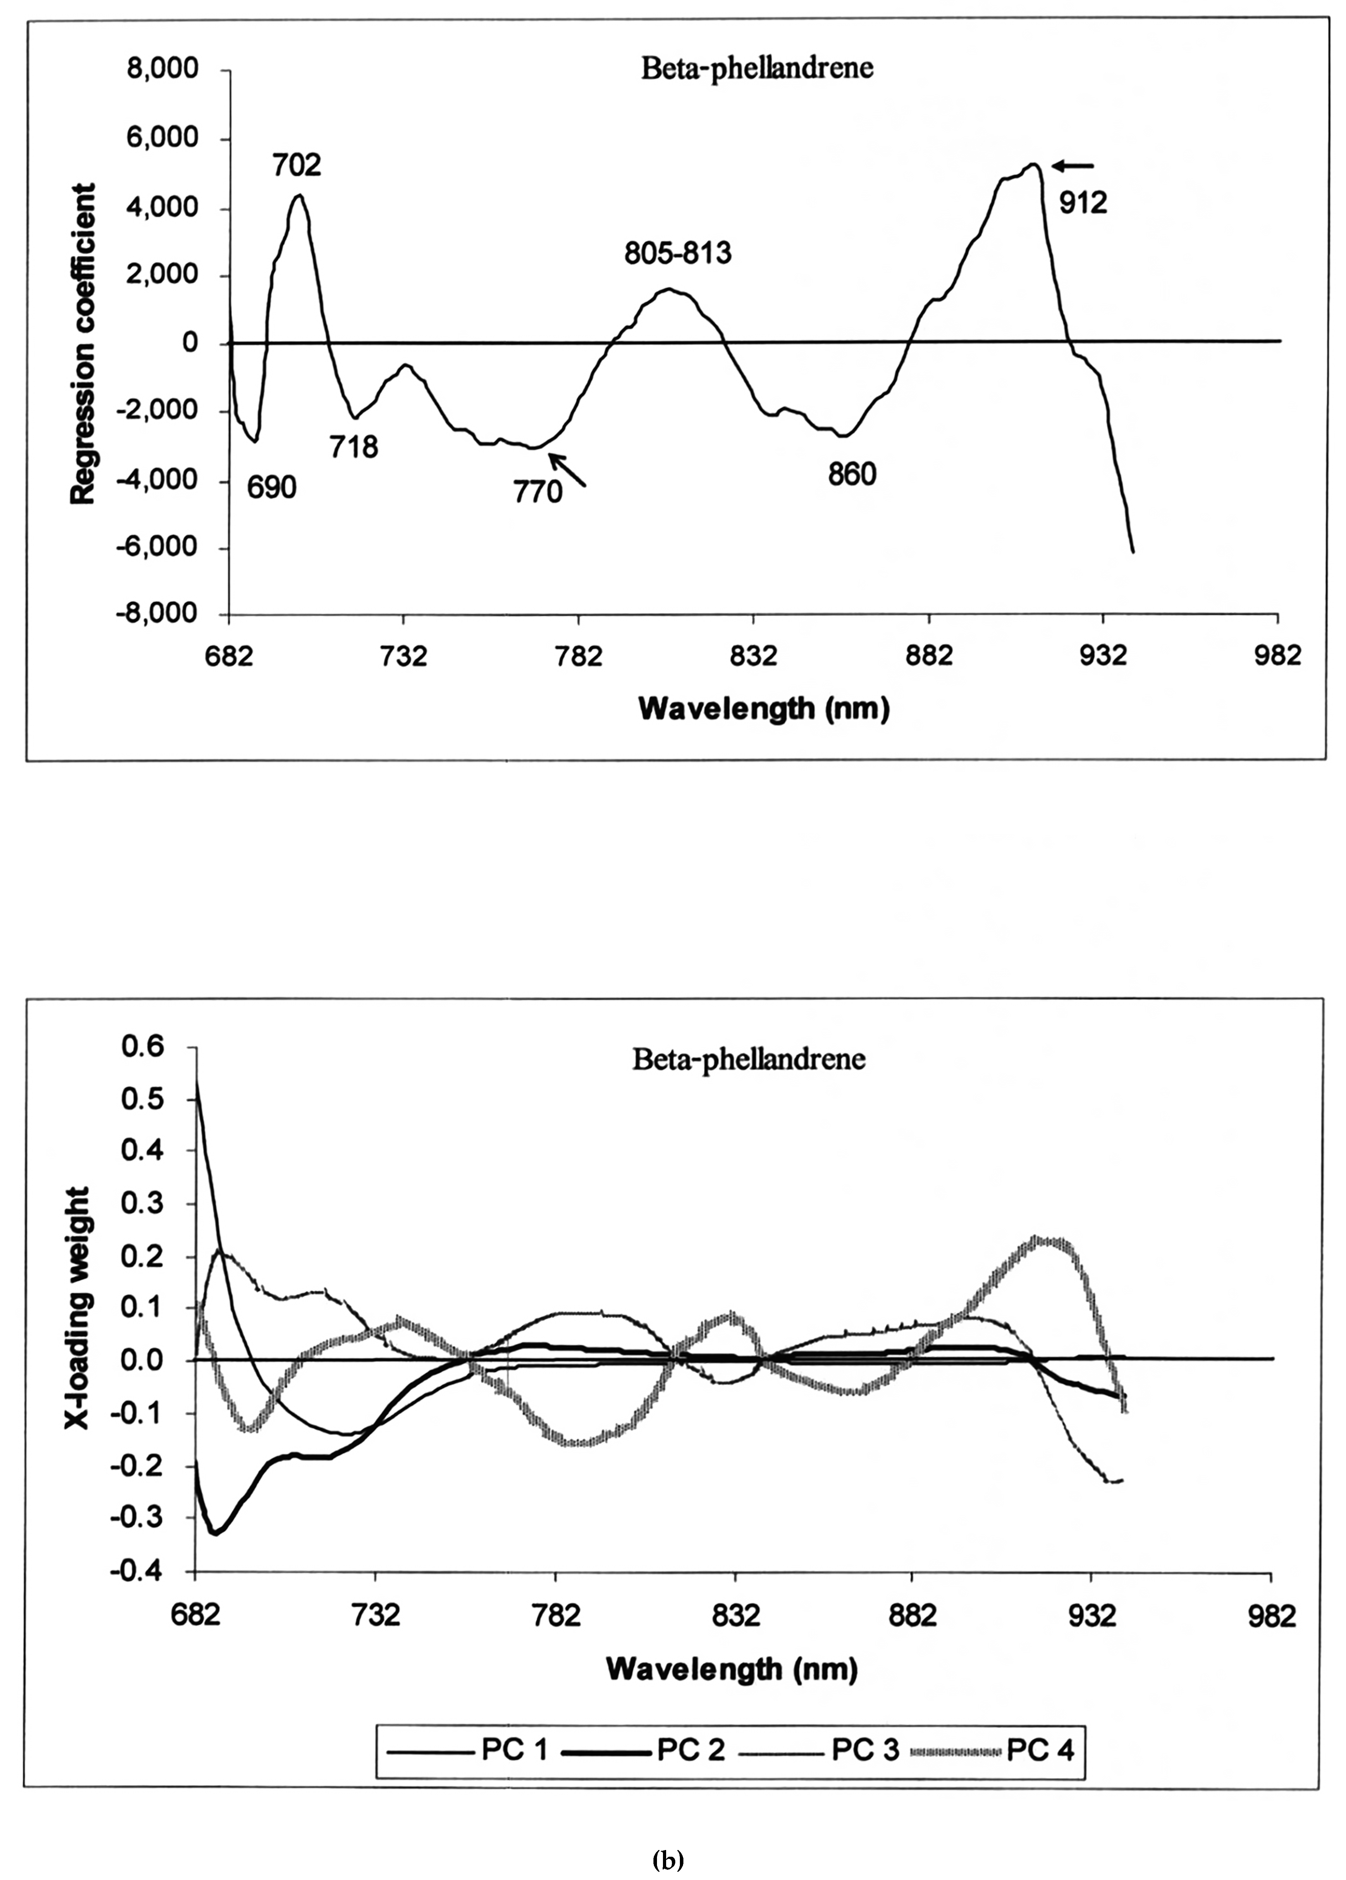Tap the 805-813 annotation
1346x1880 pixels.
[x=679, y=253]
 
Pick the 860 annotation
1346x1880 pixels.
[x=852, y=475]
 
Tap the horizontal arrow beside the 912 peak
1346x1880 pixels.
[x=1073, y=166]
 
